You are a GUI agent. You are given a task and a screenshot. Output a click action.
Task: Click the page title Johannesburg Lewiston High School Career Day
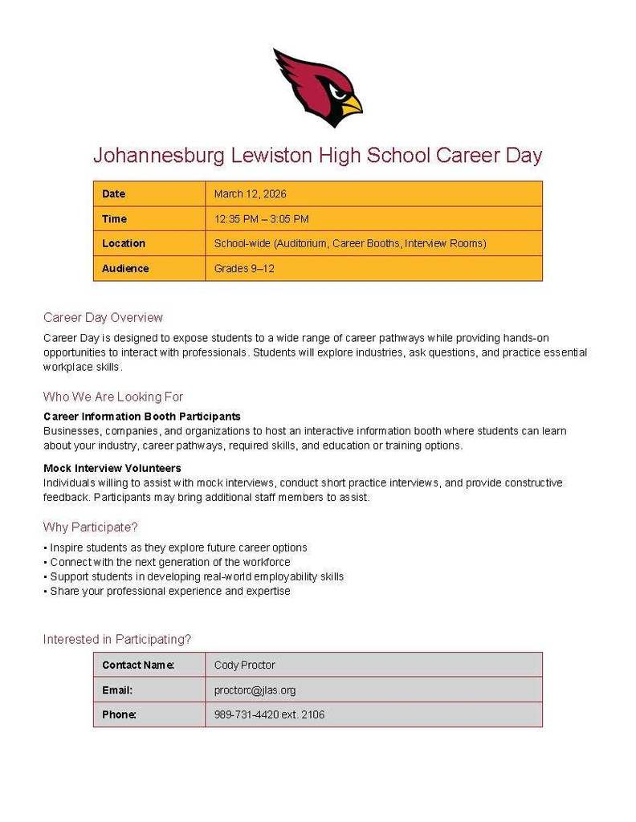317,155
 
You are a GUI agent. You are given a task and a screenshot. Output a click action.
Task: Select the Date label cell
114,194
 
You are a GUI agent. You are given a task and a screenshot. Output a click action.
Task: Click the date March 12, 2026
250,194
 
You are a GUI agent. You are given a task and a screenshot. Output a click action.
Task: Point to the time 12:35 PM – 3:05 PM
261,219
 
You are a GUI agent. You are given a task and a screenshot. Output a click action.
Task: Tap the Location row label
124,243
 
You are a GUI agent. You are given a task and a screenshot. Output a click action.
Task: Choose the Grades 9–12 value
244,268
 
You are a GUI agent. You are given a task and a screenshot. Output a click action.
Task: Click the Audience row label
125,268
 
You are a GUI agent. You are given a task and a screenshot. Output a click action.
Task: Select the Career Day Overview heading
103,317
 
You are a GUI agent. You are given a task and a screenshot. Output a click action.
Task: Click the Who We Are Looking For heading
113,397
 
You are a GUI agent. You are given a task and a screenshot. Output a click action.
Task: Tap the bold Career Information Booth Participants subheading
142,417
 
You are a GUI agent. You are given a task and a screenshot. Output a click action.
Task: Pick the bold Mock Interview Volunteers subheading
112,468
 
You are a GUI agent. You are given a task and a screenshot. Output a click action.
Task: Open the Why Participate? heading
91,527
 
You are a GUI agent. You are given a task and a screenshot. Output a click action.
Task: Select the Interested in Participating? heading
117,640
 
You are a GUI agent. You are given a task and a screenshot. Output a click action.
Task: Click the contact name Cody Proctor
244,665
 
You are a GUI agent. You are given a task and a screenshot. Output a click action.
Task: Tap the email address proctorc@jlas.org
255,690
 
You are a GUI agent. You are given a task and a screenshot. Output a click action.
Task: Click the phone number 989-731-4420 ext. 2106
269,714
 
